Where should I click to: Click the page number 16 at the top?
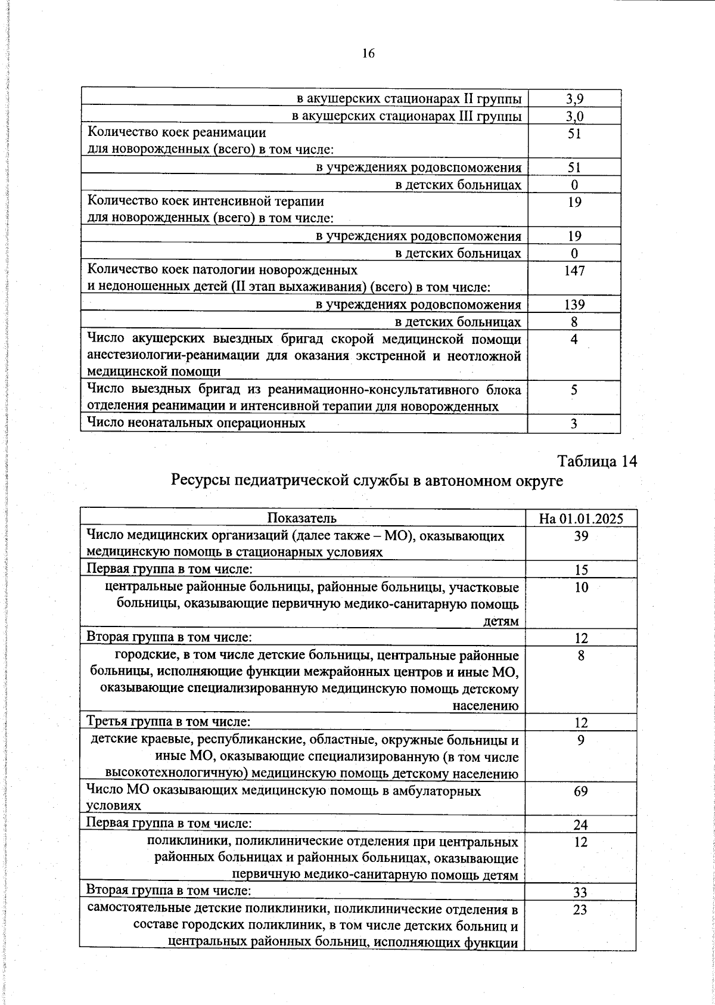coord(368,54)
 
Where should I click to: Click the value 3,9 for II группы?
coord(574,99)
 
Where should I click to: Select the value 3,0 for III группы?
coord(574,116)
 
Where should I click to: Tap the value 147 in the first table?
coord(574,271)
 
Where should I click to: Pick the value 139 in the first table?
coord(574,305)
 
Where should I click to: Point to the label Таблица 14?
coord(597,461)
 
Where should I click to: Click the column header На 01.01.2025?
coord(580,518)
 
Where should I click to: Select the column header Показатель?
coord(302,518)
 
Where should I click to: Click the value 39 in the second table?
coord(581,535)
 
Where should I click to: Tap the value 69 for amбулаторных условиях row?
coord(581,791)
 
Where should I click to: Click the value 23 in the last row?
coord(580,910)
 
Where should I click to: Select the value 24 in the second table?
coord(581,825)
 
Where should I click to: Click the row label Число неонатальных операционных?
coord(196,423)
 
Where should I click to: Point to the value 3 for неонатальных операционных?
coord(574,424)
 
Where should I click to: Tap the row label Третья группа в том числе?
coord(168,722)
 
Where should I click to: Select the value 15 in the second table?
coord(581,570)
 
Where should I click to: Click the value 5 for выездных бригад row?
coord(574,390)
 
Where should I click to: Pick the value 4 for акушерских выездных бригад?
coord(574,340)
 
